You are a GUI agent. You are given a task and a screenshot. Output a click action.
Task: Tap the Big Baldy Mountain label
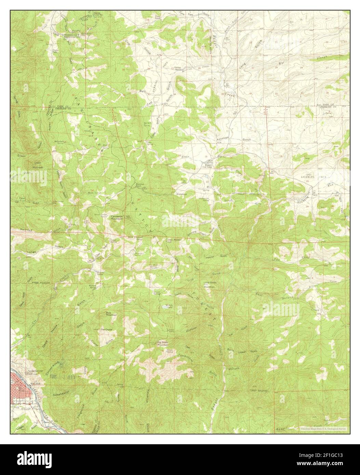163,344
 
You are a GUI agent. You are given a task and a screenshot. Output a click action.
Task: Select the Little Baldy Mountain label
210,284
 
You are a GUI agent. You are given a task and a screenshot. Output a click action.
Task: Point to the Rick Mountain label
111,313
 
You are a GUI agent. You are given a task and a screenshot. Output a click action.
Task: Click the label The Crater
106,329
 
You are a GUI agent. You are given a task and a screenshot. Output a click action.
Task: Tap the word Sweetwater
62,393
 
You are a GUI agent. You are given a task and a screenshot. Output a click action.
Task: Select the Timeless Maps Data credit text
323,428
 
